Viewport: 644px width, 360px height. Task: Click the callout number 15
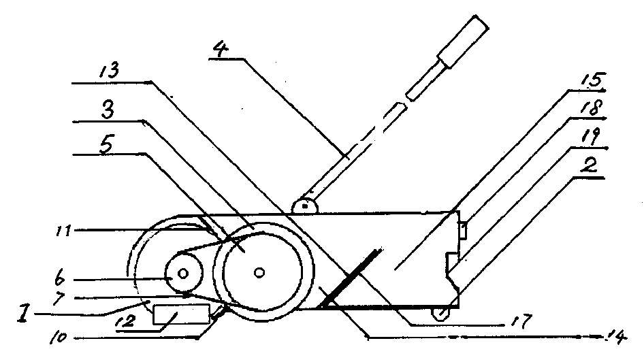tap(590, 78)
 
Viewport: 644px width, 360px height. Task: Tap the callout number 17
tap(515, 318)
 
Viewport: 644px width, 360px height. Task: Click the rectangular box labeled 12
tap(181, 315)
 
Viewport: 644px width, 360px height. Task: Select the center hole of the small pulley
tap(184, 274)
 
